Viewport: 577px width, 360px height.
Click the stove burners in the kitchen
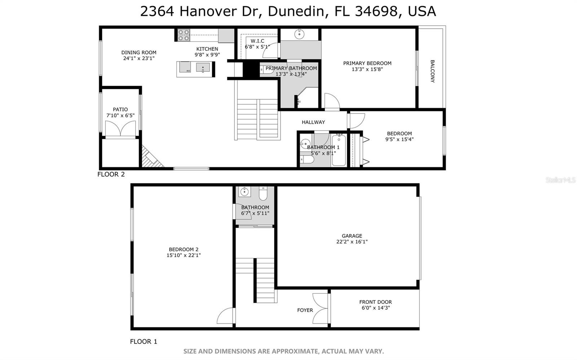pyautogui.click(x=184, y=35)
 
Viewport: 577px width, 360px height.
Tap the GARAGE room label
pyautogui.click(x=352, y=236)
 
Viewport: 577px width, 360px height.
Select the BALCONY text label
pyautogui.click(x=432, y=71)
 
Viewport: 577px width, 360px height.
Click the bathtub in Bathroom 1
pyautogui.click(x=339, y=151)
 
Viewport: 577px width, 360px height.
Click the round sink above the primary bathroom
pyautogui.click(x=299, y=34)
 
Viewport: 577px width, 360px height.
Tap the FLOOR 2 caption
pyautogui.click(x=111, y=174)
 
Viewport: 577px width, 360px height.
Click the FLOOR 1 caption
pyautogui.click(x=144, y=342)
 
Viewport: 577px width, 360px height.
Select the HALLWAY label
pyautogui.click(x=313, y=122)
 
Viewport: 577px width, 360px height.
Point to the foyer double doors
pyautogui.click(x=320, y=308)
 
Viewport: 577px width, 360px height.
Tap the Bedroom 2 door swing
pyautogui.click(x=226, y=316)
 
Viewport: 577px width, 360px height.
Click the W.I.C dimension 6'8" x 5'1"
pyautogui.click(x=257, y=47)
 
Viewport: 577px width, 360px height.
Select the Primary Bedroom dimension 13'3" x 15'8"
pyautogui.click(x=367, y=69)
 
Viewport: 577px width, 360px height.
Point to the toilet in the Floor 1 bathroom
pyautogui.click(x=263, y=194)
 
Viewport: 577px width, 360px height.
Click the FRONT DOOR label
pyautogui.click(x=375, y=302)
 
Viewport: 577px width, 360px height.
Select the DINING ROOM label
pyautogui.click(x=139, y=52)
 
